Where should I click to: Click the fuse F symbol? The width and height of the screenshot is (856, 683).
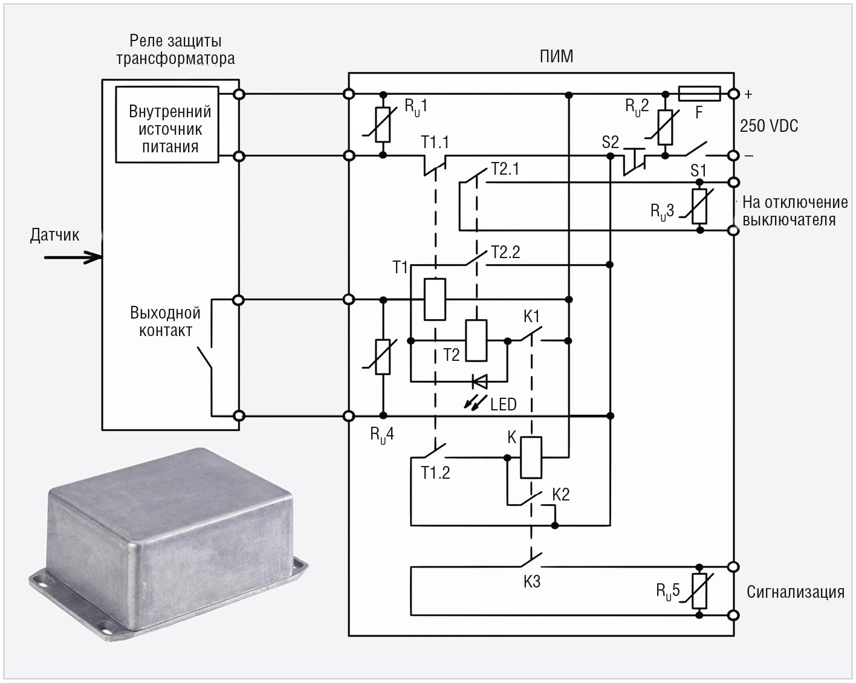pos(699,94)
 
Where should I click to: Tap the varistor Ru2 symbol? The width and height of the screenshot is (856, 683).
pos(665,127)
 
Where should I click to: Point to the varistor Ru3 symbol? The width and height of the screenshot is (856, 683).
pos(699,206)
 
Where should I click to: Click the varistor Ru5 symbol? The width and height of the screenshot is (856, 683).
pos(699,591)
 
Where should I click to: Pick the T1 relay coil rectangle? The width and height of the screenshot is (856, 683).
pos(435,299)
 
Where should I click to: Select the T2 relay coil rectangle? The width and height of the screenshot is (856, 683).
pos(476,340)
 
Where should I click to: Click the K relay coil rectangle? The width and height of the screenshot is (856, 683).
pos(531,458)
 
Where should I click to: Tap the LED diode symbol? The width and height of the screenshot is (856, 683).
pos(480,381)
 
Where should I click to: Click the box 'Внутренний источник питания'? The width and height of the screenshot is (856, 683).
pos(167,125)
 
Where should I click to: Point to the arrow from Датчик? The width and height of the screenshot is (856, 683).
pos(73,257)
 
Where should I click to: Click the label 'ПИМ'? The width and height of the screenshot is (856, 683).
pos(556,56)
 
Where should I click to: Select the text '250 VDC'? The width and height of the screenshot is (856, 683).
pos(768,126)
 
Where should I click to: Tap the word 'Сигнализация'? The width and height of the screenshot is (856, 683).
pos(796,592)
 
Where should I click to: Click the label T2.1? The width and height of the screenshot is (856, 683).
pos(505,169)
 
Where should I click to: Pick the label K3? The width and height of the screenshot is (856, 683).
pos(532,581)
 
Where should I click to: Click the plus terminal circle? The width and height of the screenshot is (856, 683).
pos(733,94)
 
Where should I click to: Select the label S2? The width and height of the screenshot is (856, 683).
pos(610,142)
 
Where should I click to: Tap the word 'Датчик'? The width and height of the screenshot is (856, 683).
pos(54,235)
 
